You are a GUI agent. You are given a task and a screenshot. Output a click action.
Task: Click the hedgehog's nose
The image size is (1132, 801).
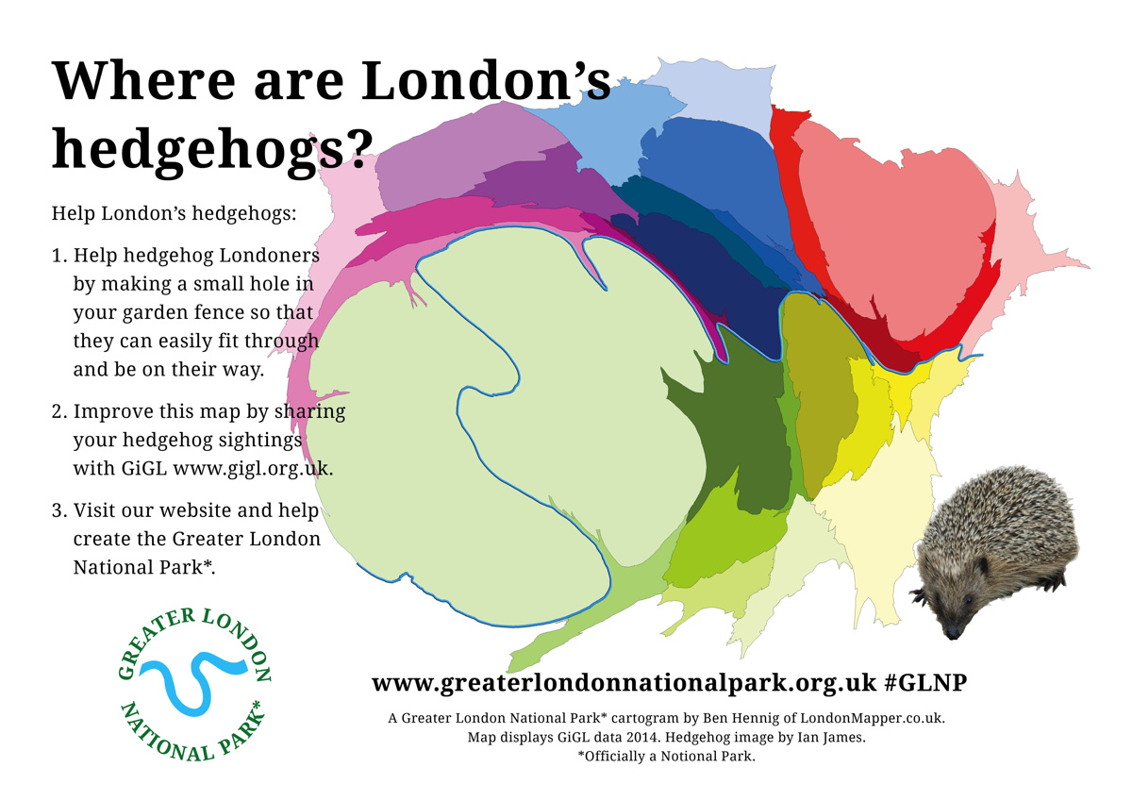(x=953, y=633)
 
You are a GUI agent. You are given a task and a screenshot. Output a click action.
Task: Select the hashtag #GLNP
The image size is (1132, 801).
(x=928, y=683)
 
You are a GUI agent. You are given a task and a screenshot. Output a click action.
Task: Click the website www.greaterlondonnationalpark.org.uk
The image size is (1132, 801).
(x=624, y=683)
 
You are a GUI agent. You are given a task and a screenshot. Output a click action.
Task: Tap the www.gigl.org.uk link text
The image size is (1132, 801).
(x=253, y=468)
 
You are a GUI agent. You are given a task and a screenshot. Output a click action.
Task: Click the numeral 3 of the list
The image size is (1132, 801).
(x=58, y=510)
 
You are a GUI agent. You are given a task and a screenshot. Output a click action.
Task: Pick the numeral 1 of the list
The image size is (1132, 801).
(x=58, y=256)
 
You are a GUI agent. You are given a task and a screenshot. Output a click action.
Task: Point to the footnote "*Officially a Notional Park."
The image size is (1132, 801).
(x=666, y=757)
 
